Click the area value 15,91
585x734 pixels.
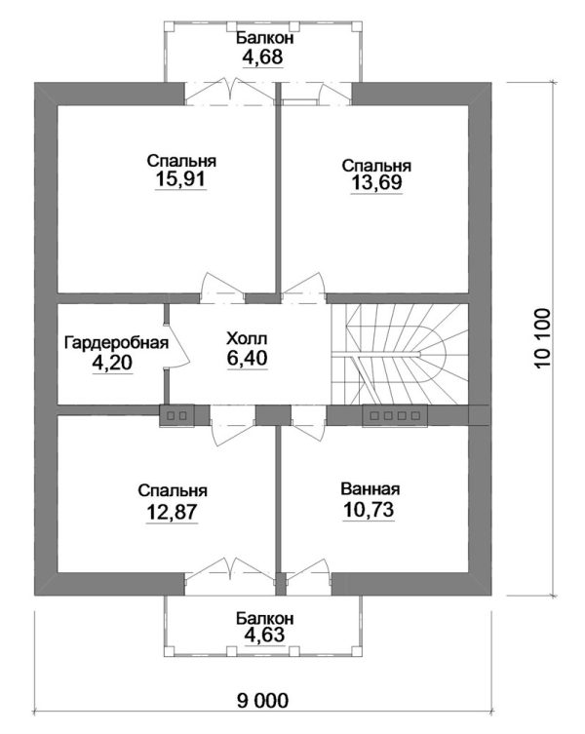(x=180, y=179)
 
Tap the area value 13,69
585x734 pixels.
(x=376, y=182)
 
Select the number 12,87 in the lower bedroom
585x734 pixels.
(x=172, y=512)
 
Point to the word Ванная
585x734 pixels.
(x=370, y=489)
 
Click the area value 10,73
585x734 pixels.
(x=369, y=510)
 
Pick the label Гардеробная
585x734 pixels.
(x=116, y=343)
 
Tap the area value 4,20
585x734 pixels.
(x=112, y=363)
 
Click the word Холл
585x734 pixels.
(x=247, y=338)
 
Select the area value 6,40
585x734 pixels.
(x=248, y=358)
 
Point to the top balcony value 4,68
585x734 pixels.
(x=262, y=58)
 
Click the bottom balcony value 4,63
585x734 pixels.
(x=263, y=635)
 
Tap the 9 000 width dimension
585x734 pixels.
(x=262, y=701)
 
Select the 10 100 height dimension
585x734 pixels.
(x=541, y=337)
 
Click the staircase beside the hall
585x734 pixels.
(x=400, y=354)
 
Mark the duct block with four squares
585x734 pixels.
(x=395, y=415)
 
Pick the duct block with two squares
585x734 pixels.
(x=176, y=415)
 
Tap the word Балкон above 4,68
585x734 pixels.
(x=264, y=38)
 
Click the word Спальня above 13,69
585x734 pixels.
(x=376, y=166)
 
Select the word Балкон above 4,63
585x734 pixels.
(x=264, y=618)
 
